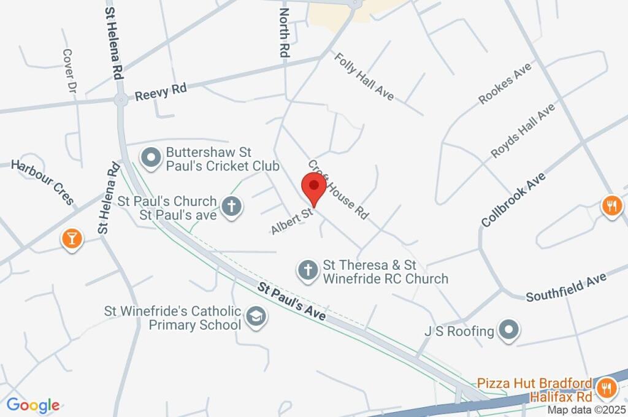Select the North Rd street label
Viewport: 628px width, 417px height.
coord(283,33)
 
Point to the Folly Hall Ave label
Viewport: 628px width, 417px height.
coord(364,76)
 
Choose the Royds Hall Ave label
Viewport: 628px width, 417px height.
coord(523,131)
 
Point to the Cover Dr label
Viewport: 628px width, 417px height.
coord(68,71)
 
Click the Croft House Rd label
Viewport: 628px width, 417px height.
coord(338,190)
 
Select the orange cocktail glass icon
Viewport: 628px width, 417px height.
coord(72,240)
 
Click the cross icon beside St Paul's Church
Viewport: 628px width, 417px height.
coord(231,207)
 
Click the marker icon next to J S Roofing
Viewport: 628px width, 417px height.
coord(508,331)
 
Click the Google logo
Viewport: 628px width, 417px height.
coord(33,405)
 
